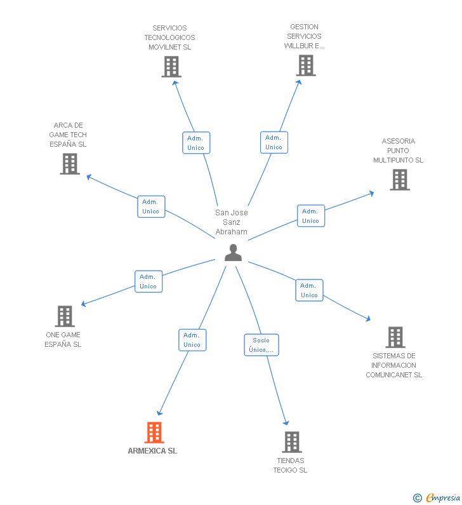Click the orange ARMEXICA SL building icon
(x=154, y=433)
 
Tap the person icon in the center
(x=234, y=253)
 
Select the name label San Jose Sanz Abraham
(x=232, y=222)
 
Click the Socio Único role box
(x=261, y=345)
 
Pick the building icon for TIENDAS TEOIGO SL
(x=292, y=441)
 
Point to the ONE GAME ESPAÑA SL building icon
(x=65, y=316)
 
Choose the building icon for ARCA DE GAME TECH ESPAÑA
(x=70, y=164)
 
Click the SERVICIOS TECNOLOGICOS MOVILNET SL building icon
(x=171, y=67)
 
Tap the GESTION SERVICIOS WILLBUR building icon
(x=306, y=65)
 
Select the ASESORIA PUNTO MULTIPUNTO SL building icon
(x=399, y=180)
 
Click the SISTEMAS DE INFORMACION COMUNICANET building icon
(x=395, y=337)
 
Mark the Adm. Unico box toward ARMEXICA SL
(x=192, y=340)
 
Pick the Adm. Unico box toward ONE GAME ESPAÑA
(x=148, y=281)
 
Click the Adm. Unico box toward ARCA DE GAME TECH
(x=151, y=206)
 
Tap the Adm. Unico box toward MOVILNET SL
(x=196, y=143)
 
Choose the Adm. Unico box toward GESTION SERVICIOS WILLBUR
(x=274, y=142)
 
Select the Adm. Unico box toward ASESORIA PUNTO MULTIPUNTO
(x=311, y=216)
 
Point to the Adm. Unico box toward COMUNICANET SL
(x=309, y=290)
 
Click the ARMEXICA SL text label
(x=152, y=451)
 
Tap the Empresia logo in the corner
(x=437, y=497)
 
